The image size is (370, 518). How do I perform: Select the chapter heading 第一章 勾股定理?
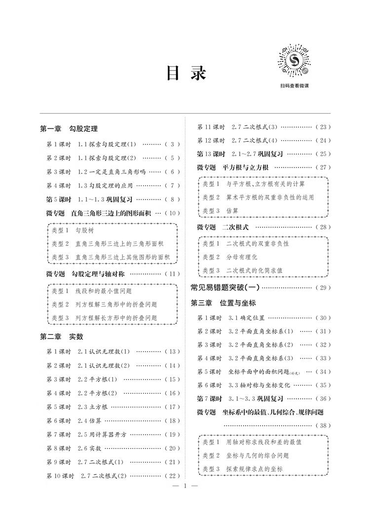coord(69,129)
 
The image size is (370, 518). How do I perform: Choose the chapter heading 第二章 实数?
coord(62,337)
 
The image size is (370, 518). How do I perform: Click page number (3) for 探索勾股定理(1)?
coord(172,144)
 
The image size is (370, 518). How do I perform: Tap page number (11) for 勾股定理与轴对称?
coord(172,274)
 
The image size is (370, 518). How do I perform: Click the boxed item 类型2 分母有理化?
coord(230,257)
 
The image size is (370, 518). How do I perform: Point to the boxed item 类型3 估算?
coord(221,210)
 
